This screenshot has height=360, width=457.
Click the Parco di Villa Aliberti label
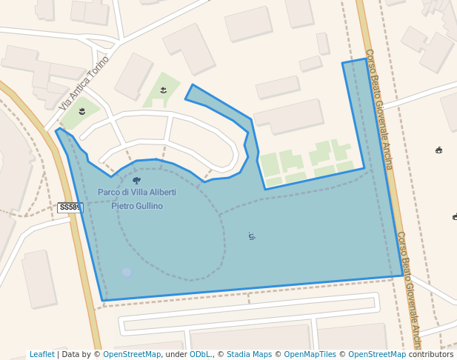tap(137, 193)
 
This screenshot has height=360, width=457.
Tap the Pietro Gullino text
tap(137, 206)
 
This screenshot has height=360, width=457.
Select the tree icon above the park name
tap(136, 180)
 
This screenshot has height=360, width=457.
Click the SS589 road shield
tap(70, 208)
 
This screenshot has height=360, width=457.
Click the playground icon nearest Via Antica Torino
tap(82, 111)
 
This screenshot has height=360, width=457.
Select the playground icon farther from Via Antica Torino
tap(163, 90)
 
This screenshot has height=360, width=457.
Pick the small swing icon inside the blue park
tap(252, 236)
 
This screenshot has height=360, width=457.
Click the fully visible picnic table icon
tap(439, 150)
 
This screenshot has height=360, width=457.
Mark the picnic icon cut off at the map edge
tap(454, 217)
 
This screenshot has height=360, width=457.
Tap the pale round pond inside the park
tap(127, 273)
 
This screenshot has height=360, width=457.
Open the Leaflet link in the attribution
tap(41, 355)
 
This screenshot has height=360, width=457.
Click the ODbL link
tap(199, 355)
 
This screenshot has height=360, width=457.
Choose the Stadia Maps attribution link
tap(249, 355)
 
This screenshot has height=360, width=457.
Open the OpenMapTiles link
tap(310, 355)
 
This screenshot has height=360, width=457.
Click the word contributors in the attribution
tap(431, 355)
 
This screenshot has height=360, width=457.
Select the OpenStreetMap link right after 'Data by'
tap(131, 355)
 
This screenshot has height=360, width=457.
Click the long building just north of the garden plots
tap(289, 116)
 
